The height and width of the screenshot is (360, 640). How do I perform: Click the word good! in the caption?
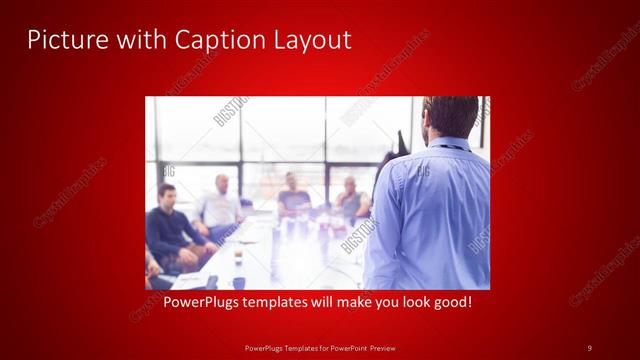(x=448, y=301)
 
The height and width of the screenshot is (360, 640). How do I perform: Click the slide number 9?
(x=589, y=347)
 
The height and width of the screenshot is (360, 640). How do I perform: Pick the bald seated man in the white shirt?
(x=221, y=205)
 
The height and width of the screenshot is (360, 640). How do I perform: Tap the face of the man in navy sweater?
(x=167, y=195)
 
